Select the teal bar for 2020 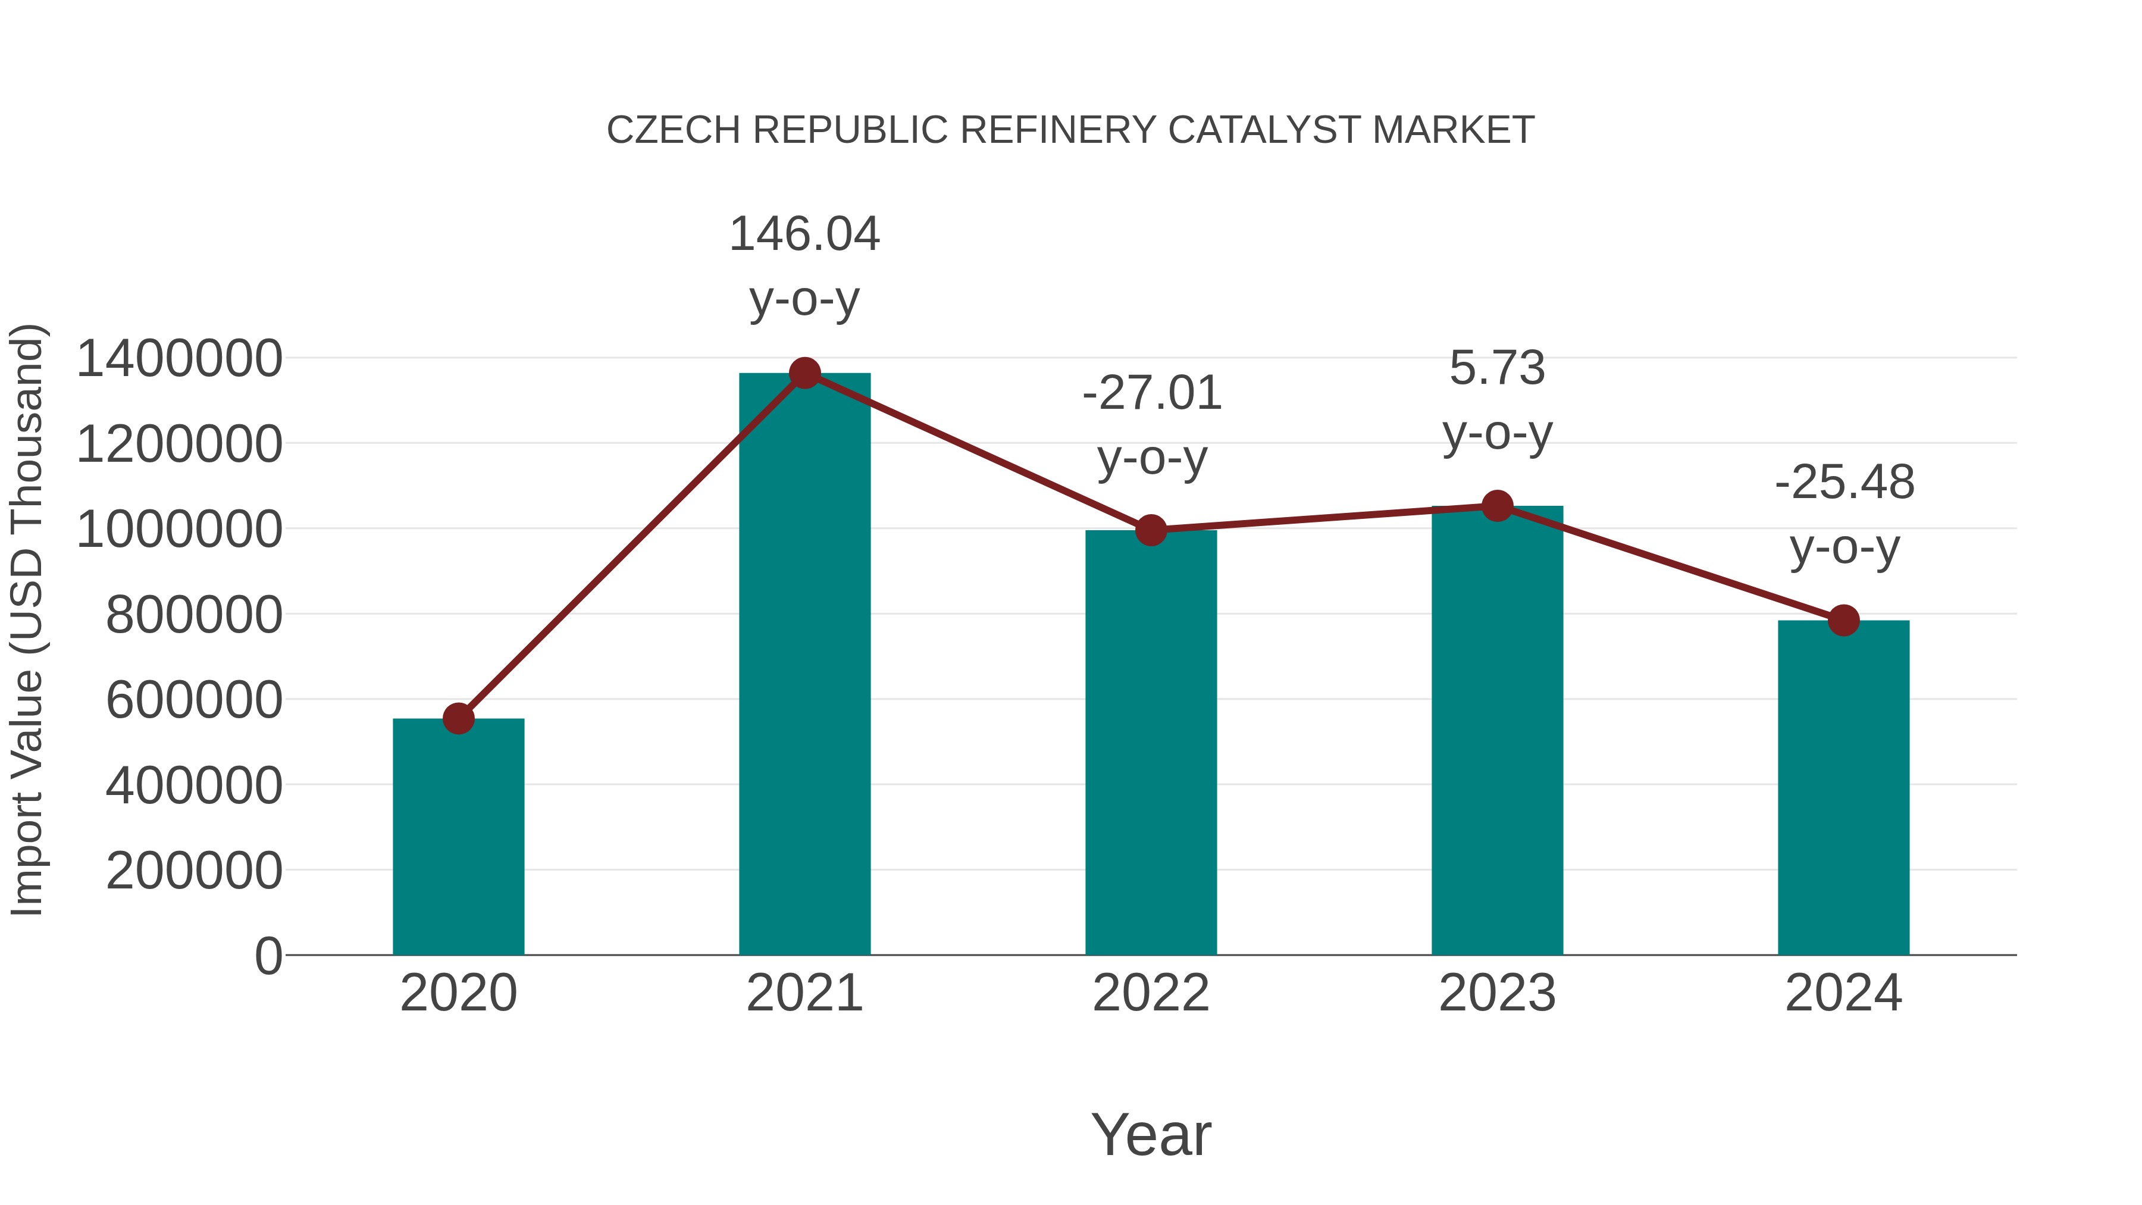coord(458,836)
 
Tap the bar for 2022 coord(1151,742)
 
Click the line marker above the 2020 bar coord(458,718)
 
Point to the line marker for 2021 coord(804,373)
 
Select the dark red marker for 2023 coord(1497,506)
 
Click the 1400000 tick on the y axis coord(178,359)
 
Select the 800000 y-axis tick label coord(194,615)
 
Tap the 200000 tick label coord(194,872)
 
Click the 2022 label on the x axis coord(1151,993)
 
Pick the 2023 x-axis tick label coord(1497,993)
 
